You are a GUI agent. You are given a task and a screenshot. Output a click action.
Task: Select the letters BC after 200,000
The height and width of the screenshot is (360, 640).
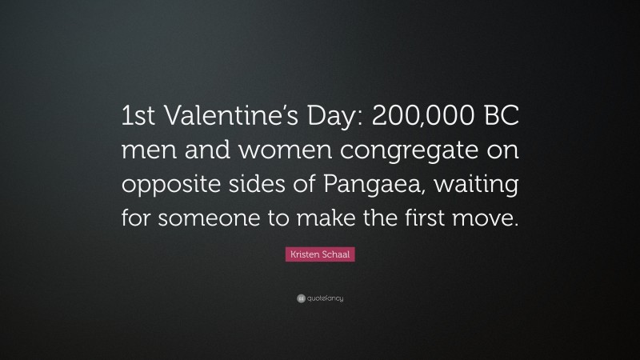[x=500, y=118]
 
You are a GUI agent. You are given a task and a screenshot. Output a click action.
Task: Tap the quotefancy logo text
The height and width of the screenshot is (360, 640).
[x=324, y=298]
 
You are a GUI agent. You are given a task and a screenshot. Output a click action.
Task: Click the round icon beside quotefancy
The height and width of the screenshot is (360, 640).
[x=301, y=298]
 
